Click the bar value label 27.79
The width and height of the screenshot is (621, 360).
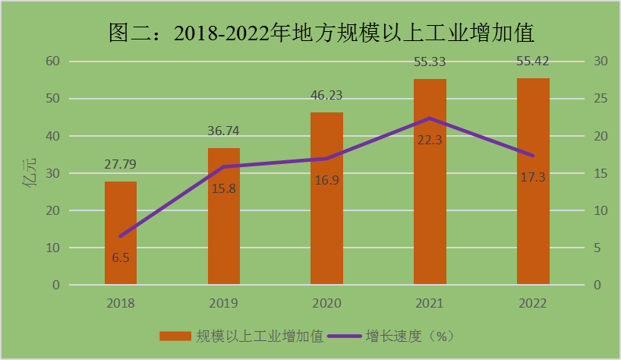[x=121, y=164]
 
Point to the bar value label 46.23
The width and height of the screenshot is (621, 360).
[x=326, y=95]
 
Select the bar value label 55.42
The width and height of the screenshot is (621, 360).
[x=533, y=61]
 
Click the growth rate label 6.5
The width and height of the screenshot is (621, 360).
[x=121, y=258]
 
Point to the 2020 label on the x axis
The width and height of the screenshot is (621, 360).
[x=326, y=304]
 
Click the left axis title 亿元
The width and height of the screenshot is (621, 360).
[x=31, y=174]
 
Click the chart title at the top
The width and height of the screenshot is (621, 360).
[x=311, y=33]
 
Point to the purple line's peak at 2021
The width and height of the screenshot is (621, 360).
[x=430, y=118]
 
